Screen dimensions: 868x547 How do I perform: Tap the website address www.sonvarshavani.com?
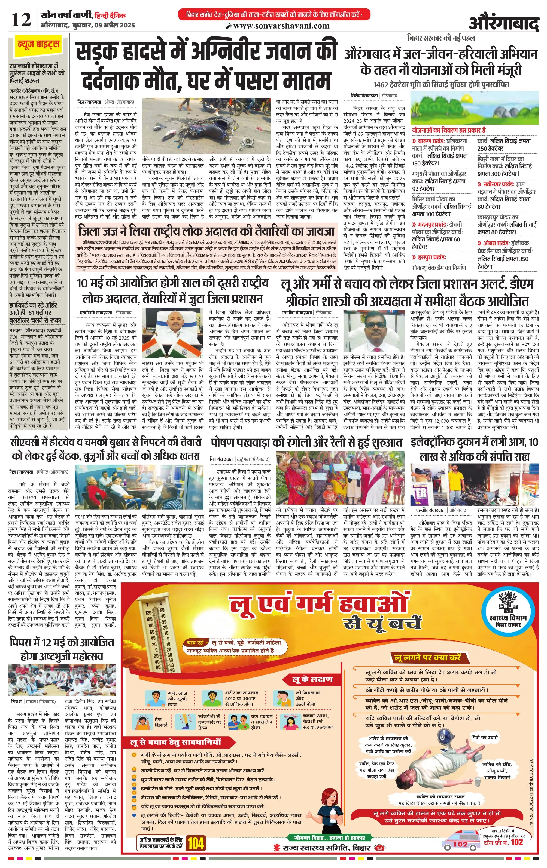coord(281,26)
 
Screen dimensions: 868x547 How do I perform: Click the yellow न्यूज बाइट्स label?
coord(38,45)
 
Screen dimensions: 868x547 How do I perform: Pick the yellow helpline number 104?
coord(196,843)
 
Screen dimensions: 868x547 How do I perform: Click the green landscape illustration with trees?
coord(475,108)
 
